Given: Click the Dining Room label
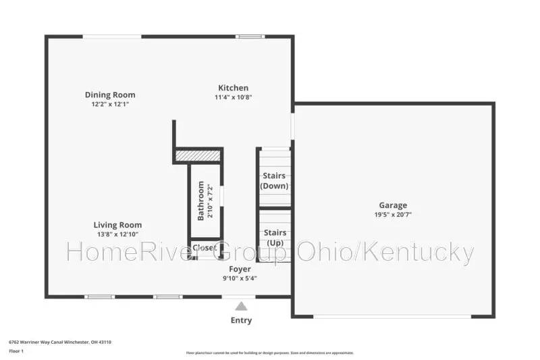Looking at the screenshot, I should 110,95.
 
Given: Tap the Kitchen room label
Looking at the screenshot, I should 233,88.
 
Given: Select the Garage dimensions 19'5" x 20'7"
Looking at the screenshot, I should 393,214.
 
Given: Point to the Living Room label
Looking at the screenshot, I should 117,225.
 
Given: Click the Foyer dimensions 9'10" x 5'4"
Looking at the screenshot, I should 240,278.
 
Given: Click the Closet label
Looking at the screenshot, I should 205,248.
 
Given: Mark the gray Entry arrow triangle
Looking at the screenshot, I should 241,306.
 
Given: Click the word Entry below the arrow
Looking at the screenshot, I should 241,320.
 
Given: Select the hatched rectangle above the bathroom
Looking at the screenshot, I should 198,156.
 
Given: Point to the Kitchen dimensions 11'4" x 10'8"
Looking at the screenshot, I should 233,97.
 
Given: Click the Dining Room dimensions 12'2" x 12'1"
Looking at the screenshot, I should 110,105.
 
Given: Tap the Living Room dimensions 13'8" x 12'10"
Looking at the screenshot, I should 117,234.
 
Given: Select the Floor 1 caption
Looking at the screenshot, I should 16,351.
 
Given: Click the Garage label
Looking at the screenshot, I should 393,205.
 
